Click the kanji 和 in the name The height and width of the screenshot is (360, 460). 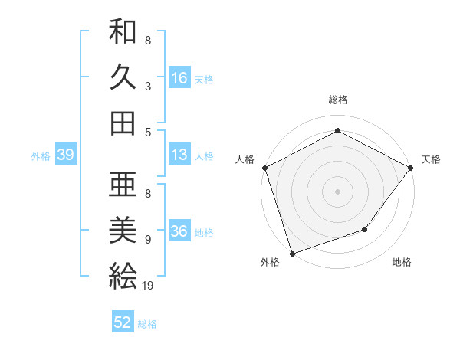point(123,33)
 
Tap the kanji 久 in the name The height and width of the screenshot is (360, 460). point(123,77)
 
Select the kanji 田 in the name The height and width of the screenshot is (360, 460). point(123,123)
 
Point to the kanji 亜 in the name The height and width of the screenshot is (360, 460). point(123,185)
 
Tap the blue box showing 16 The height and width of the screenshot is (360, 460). point(179,78)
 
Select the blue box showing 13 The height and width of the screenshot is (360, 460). point(179,155)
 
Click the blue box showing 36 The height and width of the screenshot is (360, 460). point(179,232)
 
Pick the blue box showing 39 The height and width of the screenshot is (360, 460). point(65,155)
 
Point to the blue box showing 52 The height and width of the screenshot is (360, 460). point(123,323)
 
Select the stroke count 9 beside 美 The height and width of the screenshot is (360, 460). point(147,240)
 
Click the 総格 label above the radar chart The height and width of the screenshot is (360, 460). point(338,100)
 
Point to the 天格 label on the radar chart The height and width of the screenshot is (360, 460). point(432,159)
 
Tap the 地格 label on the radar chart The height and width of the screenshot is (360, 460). point(402,262)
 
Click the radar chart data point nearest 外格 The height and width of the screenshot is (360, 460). point(293,253)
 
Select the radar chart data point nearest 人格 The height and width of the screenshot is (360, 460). point(265,167)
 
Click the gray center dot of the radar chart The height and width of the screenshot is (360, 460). point(338,191)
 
